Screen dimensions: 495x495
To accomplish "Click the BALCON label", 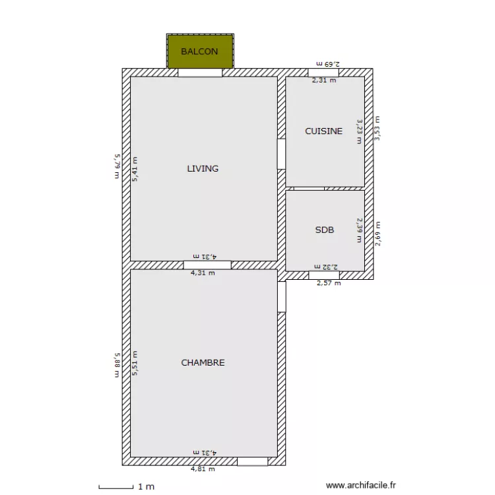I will [x=199, y=51].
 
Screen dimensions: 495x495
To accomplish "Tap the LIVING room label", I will [x=203, y=168].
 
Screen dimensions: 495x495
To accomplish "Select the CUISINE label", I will [x=323, y=131].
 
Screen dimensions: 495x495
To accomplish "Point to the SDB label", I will [x=324, y=230].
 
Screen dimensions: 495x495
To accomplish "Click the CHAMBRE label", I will [x=203, y=362].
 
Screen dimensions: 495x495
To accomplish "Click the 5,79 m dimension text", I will [x=117, y=166].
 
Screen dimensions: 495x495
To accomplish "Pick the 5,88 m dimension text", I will [x=117, y=364].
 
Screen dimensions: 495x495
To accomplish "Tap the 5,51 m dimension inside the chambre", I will [x=135, y=363].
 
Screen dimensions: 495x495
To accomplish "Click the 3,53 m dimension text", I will [x=378, y=127].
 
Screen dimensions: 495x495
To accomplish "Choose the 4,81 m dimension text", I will [x=203, y=469].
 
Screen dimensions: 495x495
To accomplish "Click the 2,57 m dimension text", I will [x=329, y=283].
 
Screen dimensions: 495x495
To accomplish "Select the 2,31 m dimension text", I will [x=323, y=81].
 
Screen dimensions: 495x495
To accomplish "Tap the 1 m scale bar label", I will [x=146, y=486].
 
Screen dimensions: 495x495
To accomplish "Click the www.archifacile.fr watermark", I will [x=362, y=485].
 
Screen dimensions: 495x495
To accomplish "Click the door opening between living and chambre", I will [x=207, y=265].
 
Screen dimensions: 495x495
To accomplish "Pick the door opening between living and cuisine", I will [x=281, y=153].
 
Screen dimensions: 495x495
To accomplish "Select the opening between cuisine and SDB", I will [x=309, y=188].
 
